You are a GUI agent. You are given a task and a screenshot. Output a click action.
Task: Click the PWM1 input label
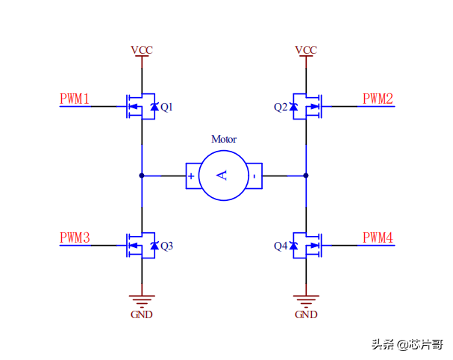coord(75,99)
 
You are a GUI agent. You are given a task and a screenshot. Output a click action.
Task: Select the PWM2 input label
coord(378,99)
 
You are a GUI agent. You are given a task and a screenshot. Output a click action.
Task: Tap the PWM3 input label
coord(75,238)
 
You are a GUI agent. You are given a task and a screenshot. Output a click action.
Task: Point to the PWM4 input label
coord(378,238)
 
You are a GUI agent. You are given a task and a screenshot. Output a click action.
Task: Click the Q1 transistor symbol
coord(140,107)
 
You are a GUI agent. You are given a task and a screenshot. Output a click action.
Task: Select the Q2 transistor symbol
coord(307,107)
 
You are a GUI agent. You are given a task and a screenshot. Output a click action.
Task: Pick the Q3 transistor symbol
coord(140,246)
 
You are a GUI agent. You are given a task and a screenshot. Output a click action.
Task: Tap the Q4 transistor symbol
coord(307,246)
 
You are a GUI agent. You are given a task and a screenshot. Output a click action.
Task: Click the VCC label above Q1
coord(142,50)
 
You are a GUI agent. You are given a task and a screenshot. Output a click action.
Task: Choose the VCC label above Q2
coord(306,50)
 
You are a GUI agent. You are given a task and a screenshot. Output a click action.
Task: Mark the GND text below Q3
coord(142,314)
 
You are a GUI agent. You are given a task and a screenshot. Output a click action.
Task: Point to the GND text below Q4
coord(306,314)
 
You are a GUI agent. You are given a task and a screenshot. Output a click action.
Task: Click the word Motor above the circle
coord(224,139)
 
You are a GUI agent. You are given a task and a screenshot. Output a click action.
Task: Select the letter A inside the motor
coord(222,176)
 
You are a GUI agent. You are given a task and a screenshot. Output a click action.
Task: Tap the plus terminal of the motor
coord(192,176)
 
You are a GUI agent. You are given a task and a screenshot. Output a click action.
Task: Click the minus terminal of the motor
coord(254,176)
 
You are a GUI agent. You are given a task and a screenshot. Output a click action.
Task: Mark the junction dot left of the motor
coord(142,176)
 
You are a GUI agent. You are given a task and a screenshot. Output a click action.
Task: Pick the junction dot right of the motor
coord(306,176)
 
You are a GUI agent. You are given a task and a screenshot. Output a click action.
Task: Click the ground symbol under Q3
coord(142,300)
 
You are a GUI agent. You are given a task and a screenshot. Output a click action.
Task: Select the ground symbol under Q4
coord(306,300)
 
